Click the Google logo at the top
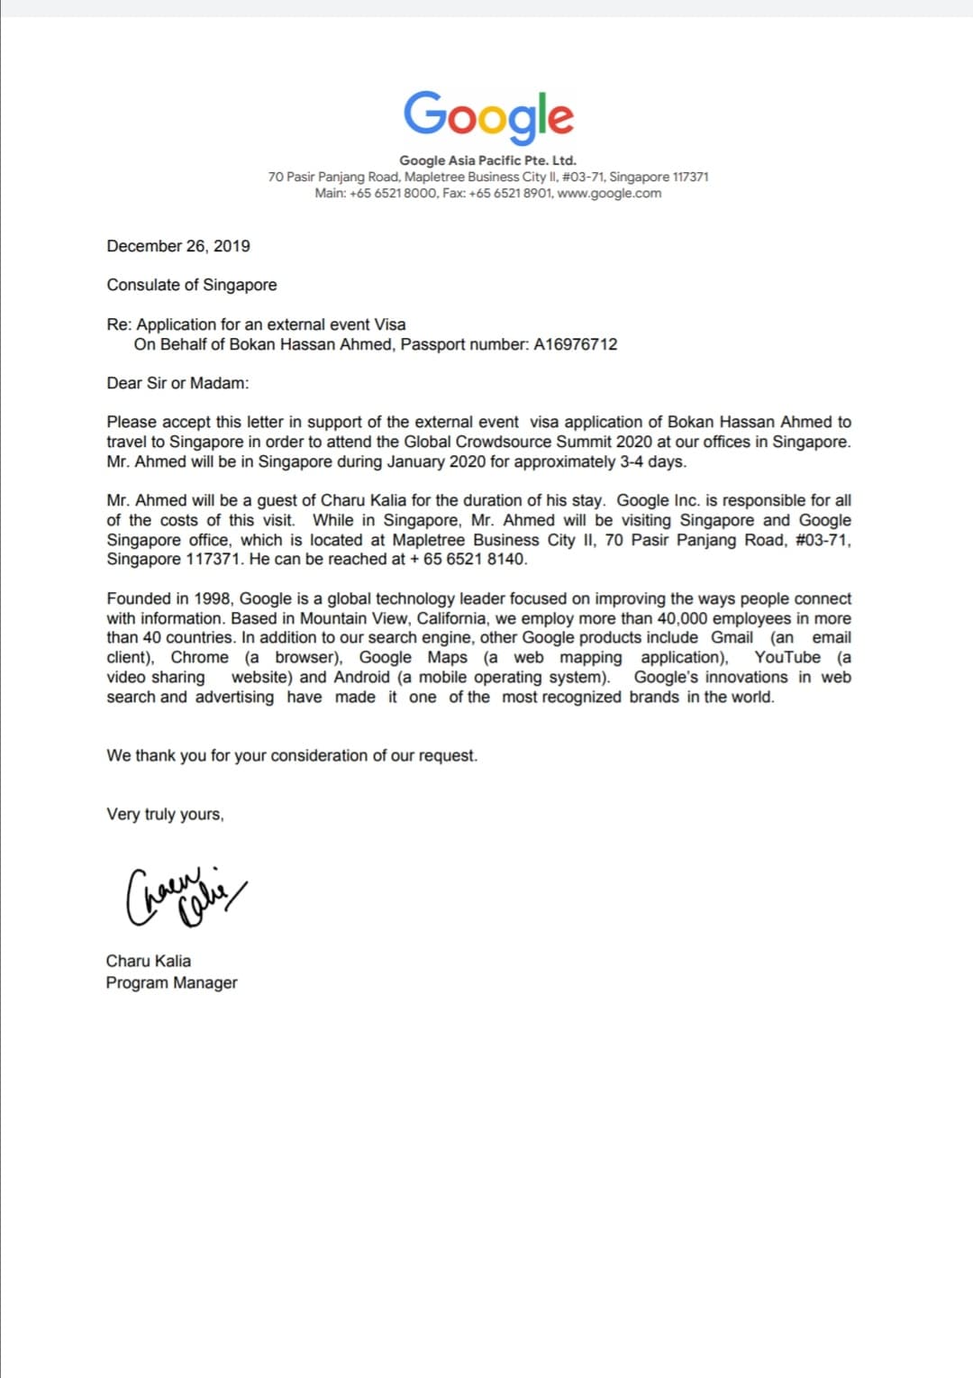pyautogui.click(x=487, y=116)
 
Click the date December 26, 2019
pyautogui.click(x=178, y=246)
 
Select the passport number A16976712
pyautogui.click(x=576, y=344)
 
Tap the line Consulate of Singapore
pyautogui.click(x=192, y=285)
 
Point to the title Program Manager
pyautogui.click(x=171, y=982)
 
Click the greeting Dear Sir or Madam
pyautogui.click(x=177, y=383)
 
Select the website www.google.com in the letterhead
pyautogui.click(x=609, y=193)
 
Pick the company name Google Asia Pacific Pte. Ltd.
pyautogui.click(x=487, y=160)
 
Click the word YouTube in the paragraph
pyautogui.click(x=787, y=657)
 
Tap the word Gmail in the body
pyautogui.click(x=732, y=637)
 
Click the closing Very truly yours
pyautogui.click(x=165, y=814)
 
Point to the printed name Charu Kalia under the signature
pyautogui.click(x=149, y=961)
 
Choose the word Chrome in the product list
pyautogui.click(x=200, y=657)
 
